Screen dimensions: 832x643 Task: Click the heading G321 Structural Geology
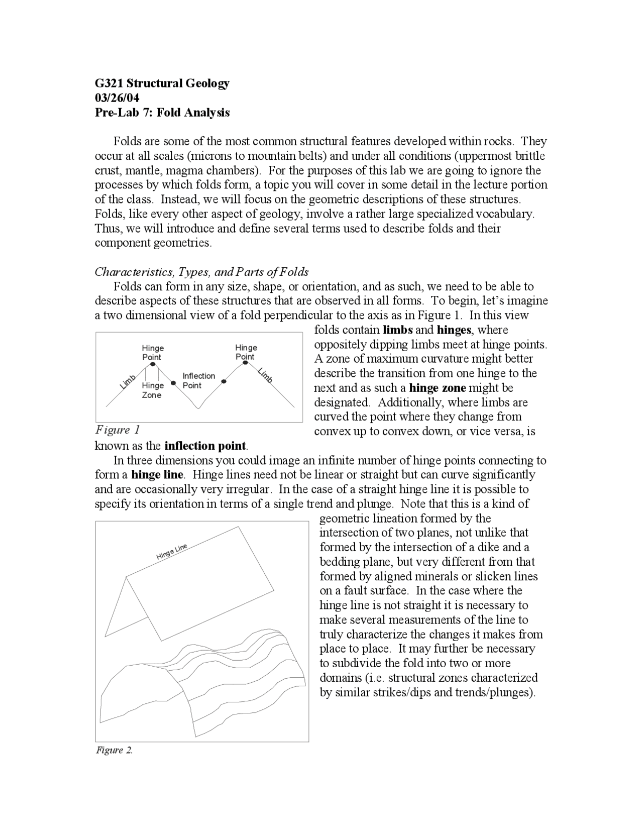pyautogui.click(x=162, y=83)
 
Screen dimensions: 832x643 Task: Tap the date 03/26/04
pyautogui.click(x=117, y=98)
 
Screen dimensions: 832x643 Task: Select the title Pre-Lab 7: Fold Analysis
pyautogui.click(x=162, y=113)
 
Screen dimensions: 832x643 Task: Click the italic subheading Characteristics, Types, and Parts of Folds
pyautogui.click(x=201, y=272)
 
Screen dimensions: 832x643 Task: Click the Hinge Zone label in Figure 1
pyautogui.click(x=152, y=390)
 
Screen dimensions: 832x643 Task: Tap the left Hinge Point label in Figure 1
pyautogui.click(x=152, y=353)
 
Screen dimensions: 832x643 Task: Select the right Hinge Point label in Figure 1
pyautogui.click(x=246, y=352)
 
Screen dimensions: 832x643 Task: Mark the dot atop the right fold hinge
pyautogui.click(x=245, y=363)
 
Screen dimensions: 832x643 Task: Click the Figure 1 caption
pyautogui.click(x=118, y=430)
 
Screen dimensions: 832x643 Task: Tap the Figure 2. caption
pyautogui.click(x=114, y=750)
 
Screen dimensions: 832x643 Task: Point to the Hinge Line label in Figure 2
pyautogui.click(x=171, y=552)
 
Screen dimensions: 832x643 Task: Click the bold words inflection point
pyautogui.click(x=205, y=446)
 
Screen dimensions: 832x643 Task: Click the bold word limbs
pyautogui.click(x=397, y=330)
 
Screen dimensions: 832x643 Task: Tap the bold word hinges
pyautogui.click(x=454, y=330)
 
